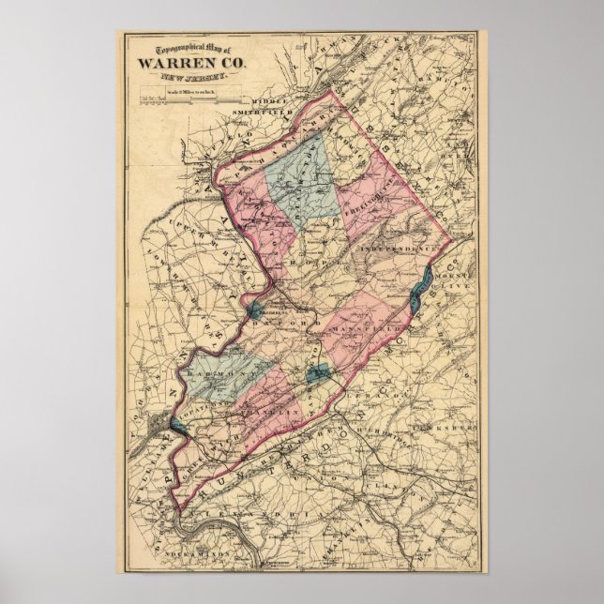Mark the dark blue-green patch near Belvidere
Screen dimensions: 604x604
[x=253, y=309]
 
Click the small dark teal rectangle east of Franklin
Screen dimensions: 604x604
[x=318, y=374]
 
